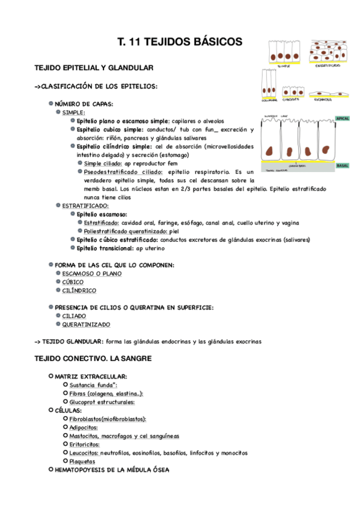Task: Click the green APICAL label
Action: point(343,118)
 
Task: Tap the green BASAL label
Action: point(343,165)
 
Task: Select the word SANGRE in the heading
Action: point(131,358)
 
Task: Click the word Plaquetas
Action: point(82,461)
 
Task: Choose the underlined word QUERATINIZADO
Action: point(86,325)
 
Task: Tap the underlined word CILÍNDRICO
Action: point(79,290)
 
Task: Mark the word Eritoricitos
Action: point(84,444)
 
